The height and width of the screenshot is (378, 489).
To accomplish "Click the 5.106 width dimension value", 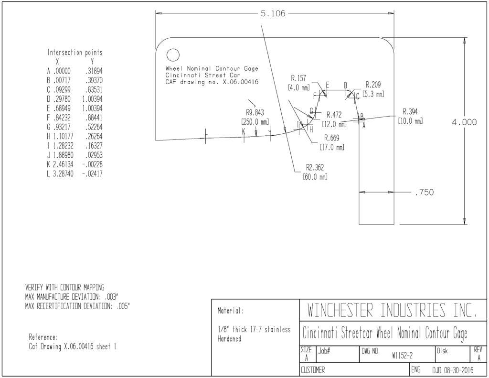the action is click(x=273, y=13).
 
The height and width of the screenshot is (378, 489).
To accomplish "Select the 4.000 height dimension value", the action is click(x=464, y=122).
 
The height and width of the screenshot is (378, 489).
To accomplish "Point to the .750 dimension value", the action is click(x=425, y=192).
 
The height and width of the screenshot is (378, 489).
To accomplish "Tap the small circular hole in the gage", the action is click(x=173, y=55).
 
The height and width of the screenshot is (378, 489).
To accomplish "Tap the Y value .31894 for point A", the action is click(x=94, y=71).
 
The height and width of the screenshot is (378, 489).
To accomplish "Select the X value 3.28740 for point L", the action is click(x=63, y=174).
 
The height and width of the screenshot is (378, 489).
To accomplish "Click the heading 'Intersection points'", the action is click(x=75, y=53).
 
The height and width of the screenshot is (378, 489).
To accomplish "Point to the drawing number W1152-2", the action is click(x=402, y=356).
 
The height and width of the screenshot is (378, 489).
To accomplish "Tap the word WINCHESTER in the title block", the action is click(x=340, y=310).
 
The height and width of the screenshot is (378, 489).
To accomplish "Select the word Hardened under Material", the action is click(x=229, y=339).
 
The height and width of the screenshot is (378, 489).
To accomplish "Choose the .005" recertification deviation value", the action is click(x=123, y=306).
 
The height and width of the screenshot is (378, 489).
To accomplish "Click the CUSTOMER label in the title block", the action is click(x=312, y=370).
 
